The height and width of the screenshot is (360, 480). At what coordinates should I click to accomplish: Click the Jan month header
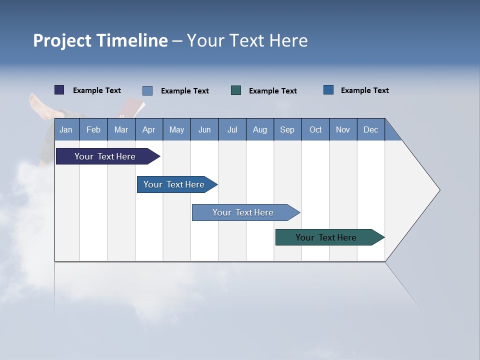[66, 130]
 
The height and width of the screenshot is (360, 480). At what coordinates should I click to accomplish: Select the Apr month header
[148, 130]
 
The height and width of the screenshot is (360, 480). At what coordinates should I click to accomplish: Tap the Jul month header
[232, 130]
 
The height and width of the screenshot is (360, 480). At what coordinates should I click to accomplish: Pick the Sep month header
[287, 130]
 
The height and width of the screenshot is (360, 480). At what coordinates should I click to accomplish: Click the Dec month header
[370, 130]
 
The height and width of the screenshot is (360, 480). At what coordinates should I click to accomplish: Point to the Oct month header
[315, 130]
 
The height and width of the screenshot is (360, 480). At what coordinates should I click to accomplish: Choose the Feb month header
[93, 130]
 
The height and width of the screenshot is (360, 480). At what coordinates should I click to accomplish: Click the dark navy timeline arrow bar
[105, 156]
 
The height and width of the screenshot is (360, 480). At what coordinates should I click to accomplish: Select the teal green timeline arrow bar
[326, 237]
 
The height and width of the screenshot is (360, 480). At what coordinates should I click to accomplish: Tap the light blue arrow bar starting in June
[243, 212]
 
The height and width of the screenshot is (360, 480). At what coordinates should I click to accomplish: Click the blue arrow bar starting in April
[174, 184]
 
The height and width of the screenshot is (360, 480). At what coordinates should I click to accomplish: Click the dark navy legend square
[59, 90]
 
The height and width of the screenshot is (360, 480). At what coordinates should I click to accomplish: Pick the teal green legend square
[236, 90]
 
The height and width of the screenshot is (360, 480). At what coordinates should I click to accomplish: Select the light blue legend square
[147, 90]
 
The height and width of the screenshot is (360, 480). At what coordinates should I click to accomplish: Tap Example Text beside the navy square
[97, 90]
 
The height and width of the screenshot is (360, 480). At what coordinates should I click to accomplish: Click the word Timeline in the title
[131, 40]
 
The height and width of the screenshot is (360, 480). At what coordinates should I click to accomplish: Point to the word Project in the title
[62, 40]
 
